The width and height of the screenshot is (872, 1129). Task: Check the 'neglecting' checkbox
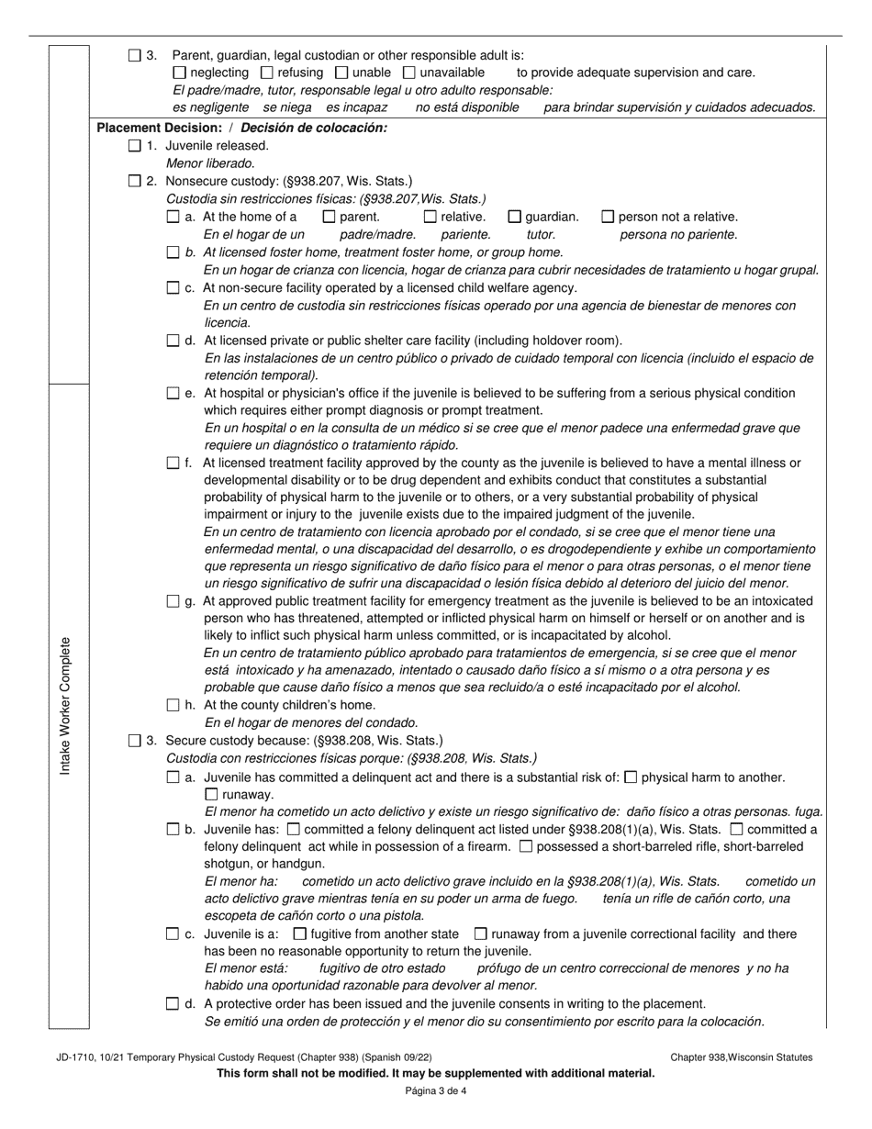tap(179, 73)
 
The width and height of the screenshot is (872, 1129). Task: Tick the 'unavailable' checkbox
tap(409, 73)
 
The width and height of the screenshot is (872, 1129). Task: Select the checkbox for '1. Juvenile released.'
tap(135, 145)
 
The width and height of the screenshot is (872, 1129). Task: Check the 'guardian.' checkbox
tap(515, 217)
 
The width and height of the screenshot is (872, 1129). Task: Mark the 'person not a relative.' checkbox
tap(608, 217)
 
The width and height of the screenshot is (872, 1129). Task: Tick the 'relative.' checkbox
tap(430, 217)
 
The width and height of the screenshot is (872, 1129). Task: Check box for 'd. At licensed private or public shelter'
tap(173, 341)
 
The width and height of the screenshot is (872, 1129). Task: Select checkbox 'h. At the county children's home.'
tap(173, 705)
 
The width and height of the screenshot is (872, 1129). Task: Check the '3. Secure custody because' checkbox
tap(135, 740)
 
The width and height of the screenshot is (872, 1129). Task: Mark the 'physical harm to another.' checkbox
tap(631, 777)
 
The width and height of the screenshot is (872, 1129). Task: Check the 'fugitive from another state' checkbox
tap(299, 934)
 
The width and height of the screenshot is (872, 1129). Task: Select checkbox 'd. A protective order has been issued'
tap(173, 1004)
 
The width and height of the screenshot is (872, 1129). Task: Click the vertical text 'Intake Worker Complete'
tap(65, 705)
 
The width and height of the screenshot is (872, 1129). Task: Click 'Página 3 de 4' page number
tap(436, 1091)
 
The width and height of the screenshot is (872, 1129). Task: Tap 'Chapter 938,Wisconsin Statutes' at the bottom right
tap(741, 1057)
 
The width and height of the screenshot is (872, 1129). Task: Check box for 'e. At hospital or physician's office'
tap(173, 393)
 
